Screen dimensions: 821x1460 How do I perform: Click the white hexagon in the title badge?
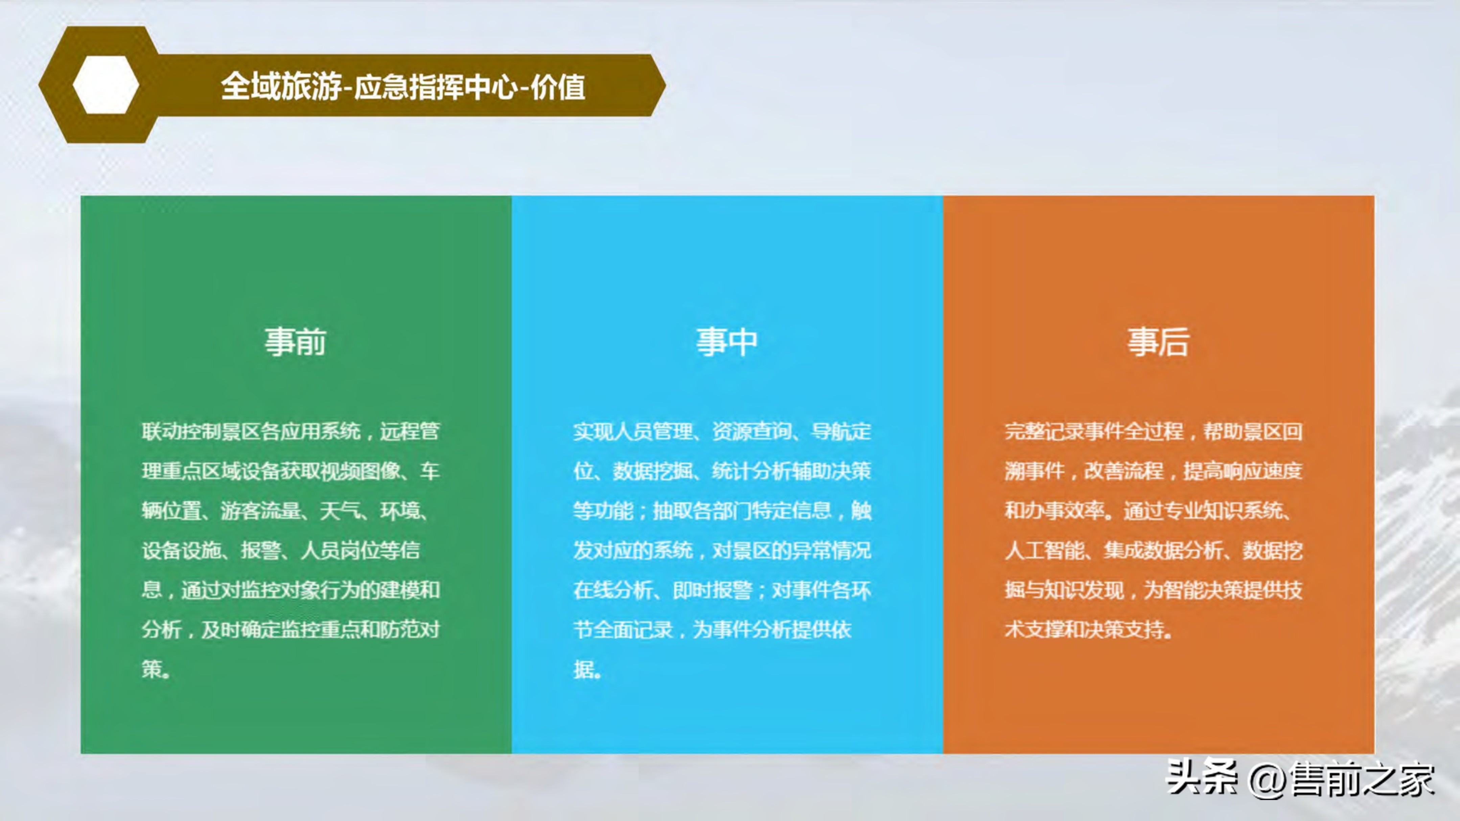coord(106,85)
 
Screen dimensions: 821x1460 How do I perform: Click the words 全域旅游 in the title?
coord(281,87)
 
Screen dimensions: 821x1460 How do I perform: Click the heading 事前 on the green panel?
coord(295,342)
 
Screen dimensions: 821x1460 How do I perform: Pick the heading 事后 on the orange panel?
coord(1158,342)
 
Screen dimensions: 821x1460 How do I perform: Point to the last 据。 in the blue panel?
coord(587,669)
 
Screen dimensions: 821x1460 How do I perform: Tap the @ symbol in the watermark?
coord(1267,780)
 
